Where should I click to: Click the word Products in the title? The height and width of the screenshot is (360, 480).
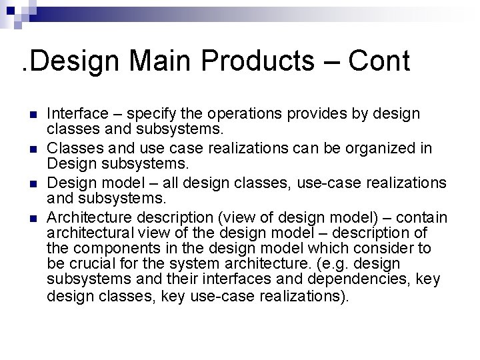(257, 61)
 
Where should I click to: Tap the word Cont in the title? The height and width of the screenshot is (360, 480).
(379, 61)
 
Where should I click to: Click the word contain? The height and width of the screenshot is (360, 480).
(424, 217)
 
